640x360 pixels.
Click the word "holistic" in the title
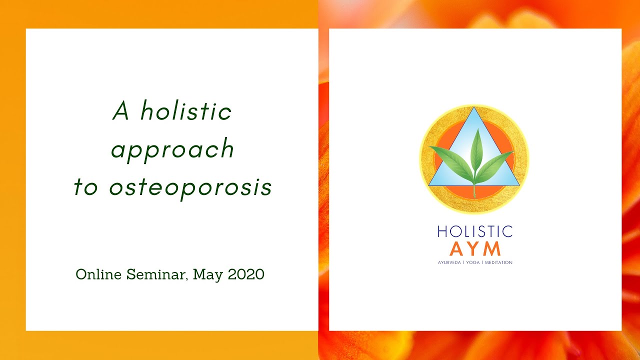[186, 110]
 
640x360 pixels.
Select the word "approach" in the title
[172, 149]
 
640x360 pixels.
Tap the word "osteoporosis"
[190, 187]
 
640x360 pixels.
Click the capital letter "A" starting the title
[121, 110]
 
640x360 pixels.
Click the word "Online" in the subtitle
[98, 274]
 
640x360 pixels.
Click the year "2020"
[246, 274]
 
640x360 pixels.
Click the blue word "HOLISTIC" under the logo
[475, 231]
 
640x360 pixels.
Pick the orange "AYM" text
[475, 248]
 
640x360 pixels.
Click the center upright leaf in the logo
[475, 150]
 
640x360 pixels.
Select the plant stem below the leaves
[474, 190]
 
